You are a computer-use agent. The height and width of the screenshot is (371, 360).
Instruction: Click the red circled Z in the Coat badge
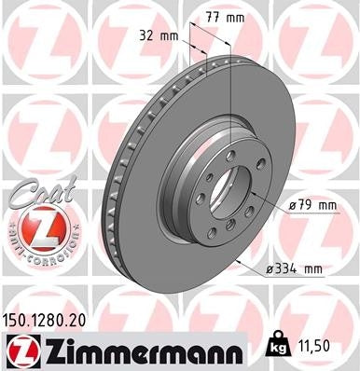click(32, 227)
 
